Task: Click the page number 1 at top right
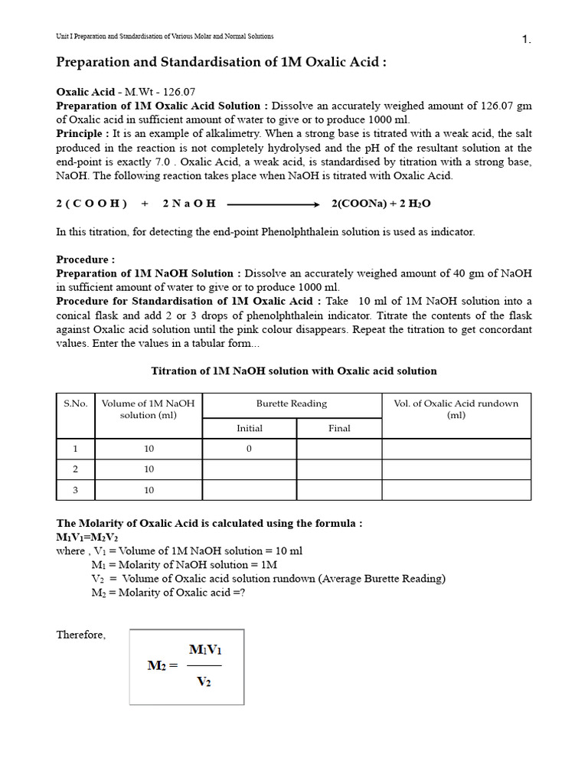coord(526,40)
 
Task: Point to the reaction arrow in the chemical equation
coord(273,204)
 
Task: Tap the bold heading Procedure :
coord(86,260)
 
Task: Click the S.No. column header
coord(75,403)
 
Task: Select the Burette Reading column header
coord(292,403)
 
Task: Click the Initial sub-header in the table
coord(250,428)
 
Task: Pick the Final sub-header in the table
coord(339,428)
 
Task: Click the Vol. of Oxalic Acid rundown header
coord(456,409)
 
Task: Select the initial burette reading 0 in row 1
coord(250,449)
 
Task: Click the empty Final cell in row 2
coord(339,469)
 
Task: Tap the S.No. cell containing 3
coord(75,490)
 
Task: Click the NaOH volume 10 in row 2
coord(149,469)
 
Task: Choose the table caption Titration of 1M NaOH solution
coord(294,371)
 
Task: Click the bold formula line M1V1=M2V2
coord(87,537)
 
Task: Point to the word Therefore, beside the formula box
coord(81,635)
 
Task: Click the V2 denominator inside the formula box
coord(204,681)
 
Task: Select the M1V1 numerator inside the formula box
coord(205,650)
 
